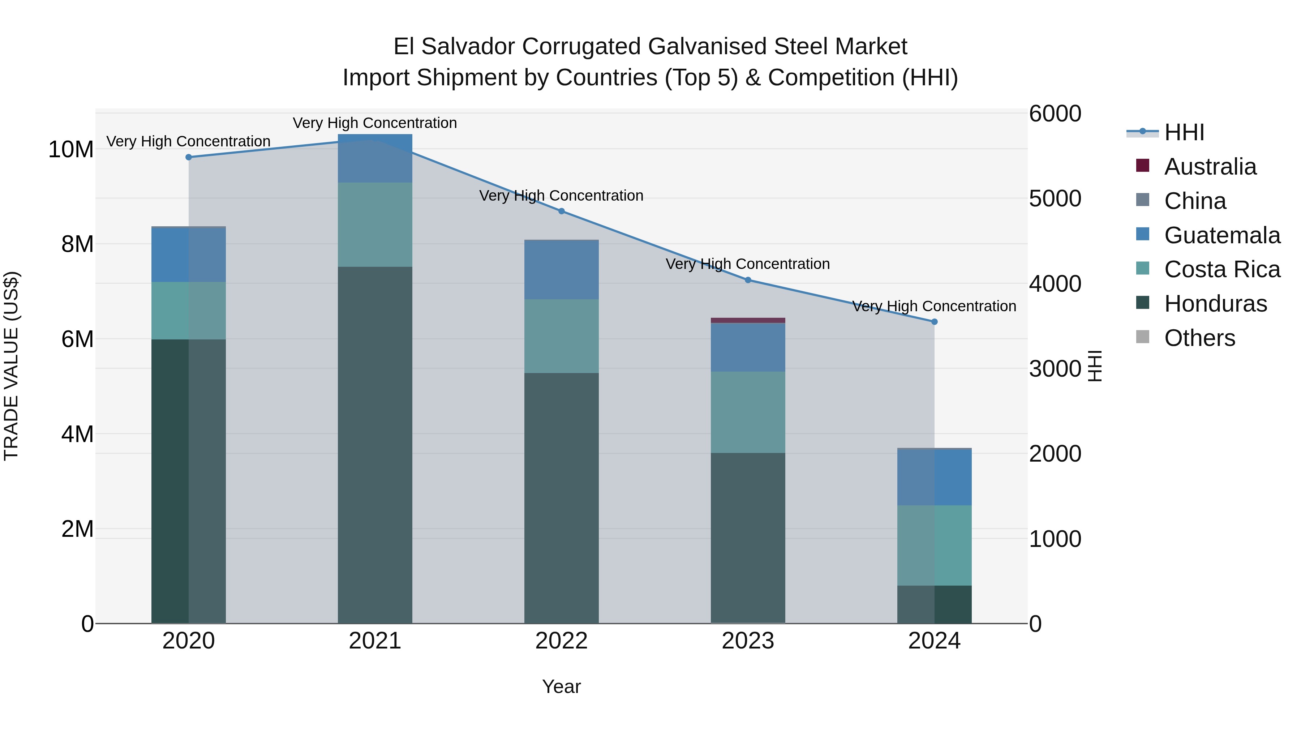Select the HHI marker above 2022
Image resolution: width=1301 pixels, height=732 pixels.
coord(562,211)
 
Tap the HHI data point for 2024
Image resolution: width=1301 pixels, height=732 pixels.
coord(934,322)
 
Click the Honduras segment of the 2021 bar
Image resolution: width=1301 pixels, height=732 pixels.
coord(375,445)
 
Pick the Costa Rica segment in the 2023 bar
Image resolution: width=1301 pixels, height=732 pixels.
coord(748,412)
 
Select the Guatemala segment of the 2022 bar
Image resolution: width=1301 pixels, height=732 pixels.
coord(562,270)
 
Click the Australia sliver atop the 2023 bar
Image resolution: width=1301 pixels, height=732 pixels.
coord(748,320)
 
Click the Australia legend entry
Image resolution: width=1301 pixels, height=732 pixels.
coord(1210,167)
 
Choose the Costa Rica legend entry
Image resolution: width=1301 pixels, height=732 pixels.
coord(1222,269)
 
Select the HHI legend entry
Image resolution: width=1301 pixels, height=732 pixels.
coord(1184,132)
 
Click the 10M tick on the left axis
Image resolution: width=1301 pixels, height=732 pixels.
coord(71,150)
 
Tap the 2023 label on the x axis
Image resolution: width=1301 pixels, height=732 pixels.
coord(748,641)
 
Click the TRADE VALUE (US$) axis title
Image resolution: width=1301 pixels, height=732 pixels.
coord(12,366)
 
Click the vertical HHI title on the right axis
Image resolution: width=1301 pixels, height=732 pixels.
coord(1094,366)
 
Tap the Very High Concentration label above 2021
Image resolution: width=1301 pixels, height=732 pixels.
coord(375,123)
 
